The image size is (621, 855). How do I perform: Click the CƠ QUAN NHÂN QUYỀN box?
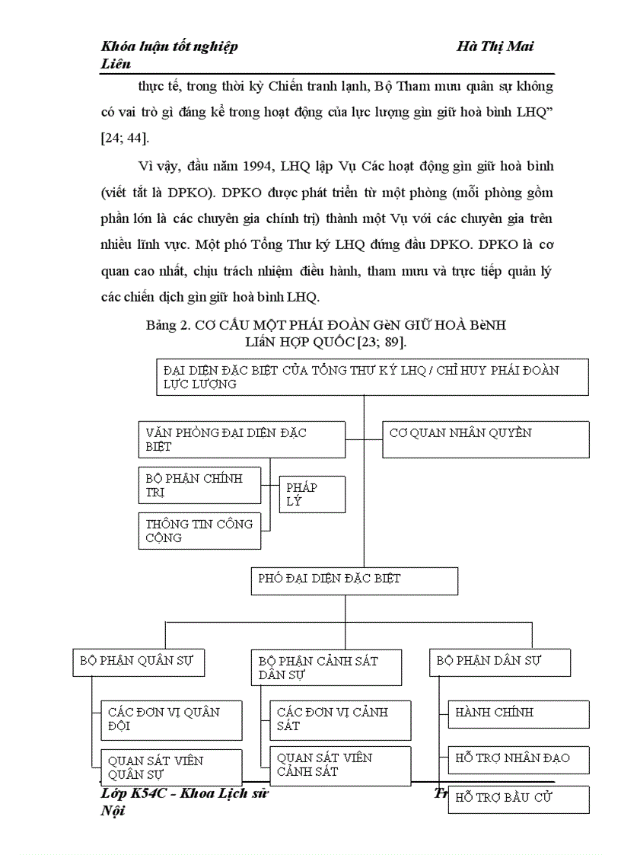[x=486, y=440]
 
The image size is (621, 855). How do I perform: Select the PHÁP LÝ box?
[x=312, y=494]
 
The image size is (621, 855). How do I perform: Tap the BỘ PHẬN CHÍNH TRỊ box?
[x=199, y=486]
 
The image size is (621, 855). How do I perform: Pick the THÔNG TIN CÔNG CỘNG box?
[x=199, y=531]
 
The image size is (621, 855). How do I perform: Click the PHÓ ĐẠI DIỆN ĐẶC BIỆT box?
[x=354, y=580]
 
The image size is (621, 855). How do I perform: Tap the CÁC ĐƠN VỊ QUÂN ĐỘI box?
[x=171, y=720]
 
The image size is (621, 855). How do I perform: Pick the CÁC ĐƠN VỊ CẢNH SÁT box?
[x=340, y=720]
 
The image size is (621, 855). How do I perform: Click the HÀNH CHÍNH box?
[x=518, y=714]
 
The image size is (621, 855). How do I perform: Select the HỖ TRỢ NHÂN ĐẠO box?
[x=518, y=758]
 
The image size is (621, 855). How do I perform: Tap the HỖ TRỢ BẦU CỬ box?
[x=518, y=799]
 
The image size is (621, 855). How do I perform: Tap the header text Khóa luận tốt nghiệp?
[x=169, y=47]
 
